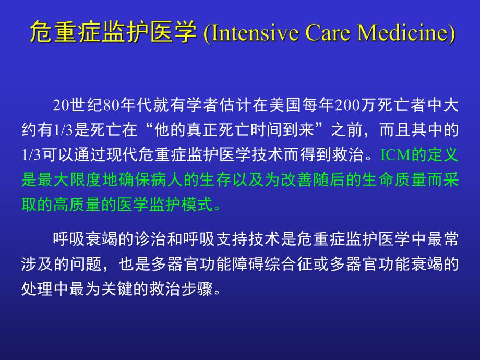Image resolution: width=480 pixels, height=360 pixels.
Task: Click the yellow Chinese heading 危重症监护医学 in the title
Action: pyautogui.click(x=112, y=32)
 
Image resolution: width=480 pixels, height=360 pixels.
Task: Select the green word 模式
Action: pyautogui.click(x=198, y=205)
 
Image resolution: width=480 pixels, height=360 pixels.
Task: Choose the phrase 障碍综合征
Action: pyautogui.click(x=255, y=265)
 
